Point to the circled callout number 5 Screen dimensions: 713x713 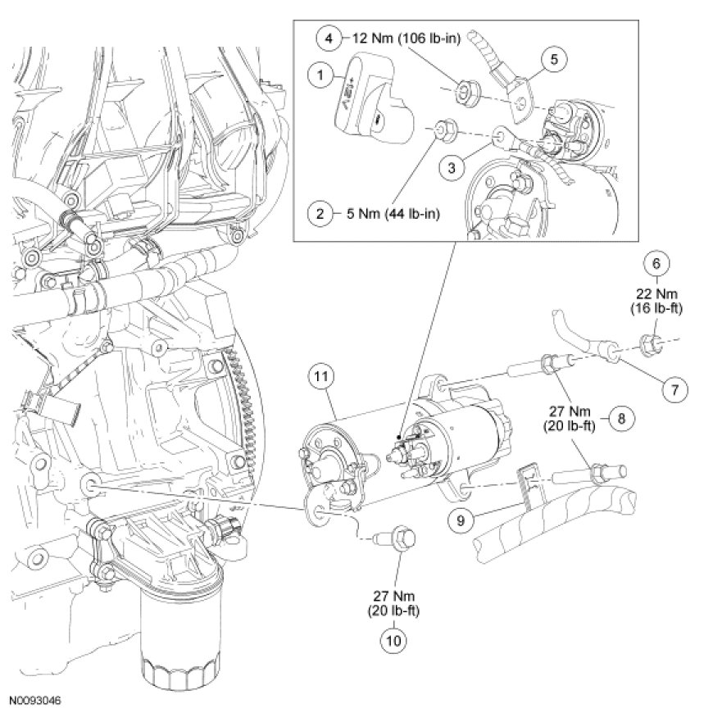coord(554,59)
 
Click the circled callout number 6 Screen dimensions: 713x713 coord(655,264)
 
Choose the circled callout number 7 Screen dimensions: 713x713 coord(674,390)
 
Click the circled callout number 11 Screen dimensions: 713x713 coord(320,378)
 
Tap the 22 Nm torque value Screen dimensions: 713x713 coord(655,293)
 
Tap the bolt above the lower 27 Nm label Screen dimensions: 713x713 coord(396,538)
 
